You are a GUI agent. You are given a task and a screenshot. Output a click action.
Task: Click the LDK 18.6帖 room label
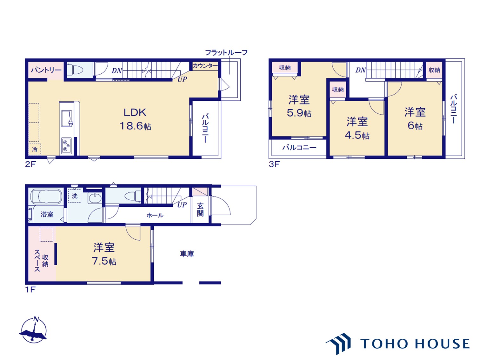tap(135, 119)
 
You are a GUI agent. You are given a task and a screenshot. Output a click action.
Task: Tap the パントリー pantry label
tap(46, 70)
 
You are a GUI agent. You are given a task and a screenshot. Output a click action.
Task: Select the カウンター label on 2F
tap(205, 66)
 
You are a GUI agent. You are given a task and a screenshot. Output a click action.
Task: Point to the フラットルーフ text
tap(226, 52)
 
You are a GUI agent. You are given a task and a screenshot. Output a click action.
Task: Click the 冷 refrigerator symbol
tap(35, 149)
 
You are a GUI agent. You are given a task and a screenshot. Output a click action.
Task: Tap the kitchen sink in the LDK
tap(67, 118)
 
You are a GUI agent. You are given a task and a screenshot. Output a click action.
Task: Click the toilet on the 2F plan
tap(75, 70)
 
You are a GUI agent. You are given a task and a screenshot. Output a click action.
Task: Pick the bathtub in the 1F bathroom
tap(46, 196)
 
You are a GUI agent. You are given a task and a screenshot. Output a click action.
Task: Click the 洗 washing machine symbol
tap(75, 196)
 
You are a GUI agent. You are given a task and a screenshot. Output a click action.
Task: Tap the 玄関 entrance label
tap(200, 210)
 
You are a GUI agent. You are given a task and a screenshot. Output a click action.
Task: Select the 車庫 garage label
tap(187, 254)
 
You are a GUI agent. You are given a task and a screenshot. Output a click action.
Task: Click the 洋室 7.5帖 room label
tap(104, 254)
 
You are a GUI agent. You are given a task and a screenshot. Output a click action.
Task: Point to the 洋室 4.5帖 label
tap(357, 128)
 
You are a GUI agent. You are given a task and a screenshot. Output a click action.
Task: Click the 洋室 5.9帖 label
tap(299, 106)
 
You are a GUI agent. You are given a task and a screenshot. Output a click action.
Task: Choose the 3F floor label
tap(274, 164)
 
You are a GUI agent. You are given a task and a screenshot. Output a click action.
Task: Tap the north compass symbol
tap(34, 330)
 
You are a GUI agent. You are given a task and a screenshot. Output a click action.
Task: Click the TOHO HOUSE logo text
tap(415, 344)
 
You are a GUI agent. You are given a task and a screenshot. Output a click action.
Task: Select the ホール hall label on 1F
tap(155, 215)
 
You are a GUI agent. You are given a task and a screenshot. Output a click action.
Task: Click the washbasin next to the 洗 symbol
tap(95, 198)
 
